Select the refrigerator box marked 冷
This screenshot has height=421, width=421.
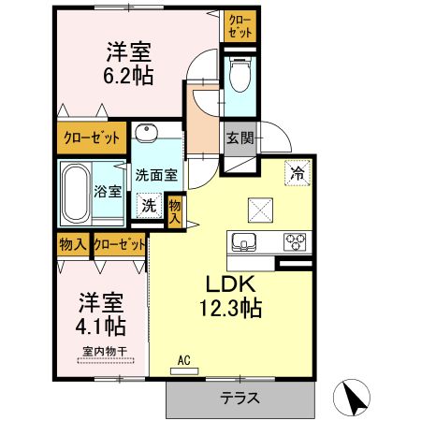coord(296,172)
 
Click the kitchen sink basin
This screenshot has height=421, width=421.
coord(244,241)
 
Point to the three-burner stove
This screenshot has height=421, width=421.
coord(296,241)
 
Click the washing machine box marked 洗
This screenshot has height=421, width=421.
coord(149,205)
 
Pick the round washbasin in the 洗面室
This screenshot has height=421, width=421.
coord(146,131)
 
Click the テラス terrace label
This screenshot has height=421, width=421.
coord(240,398)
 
